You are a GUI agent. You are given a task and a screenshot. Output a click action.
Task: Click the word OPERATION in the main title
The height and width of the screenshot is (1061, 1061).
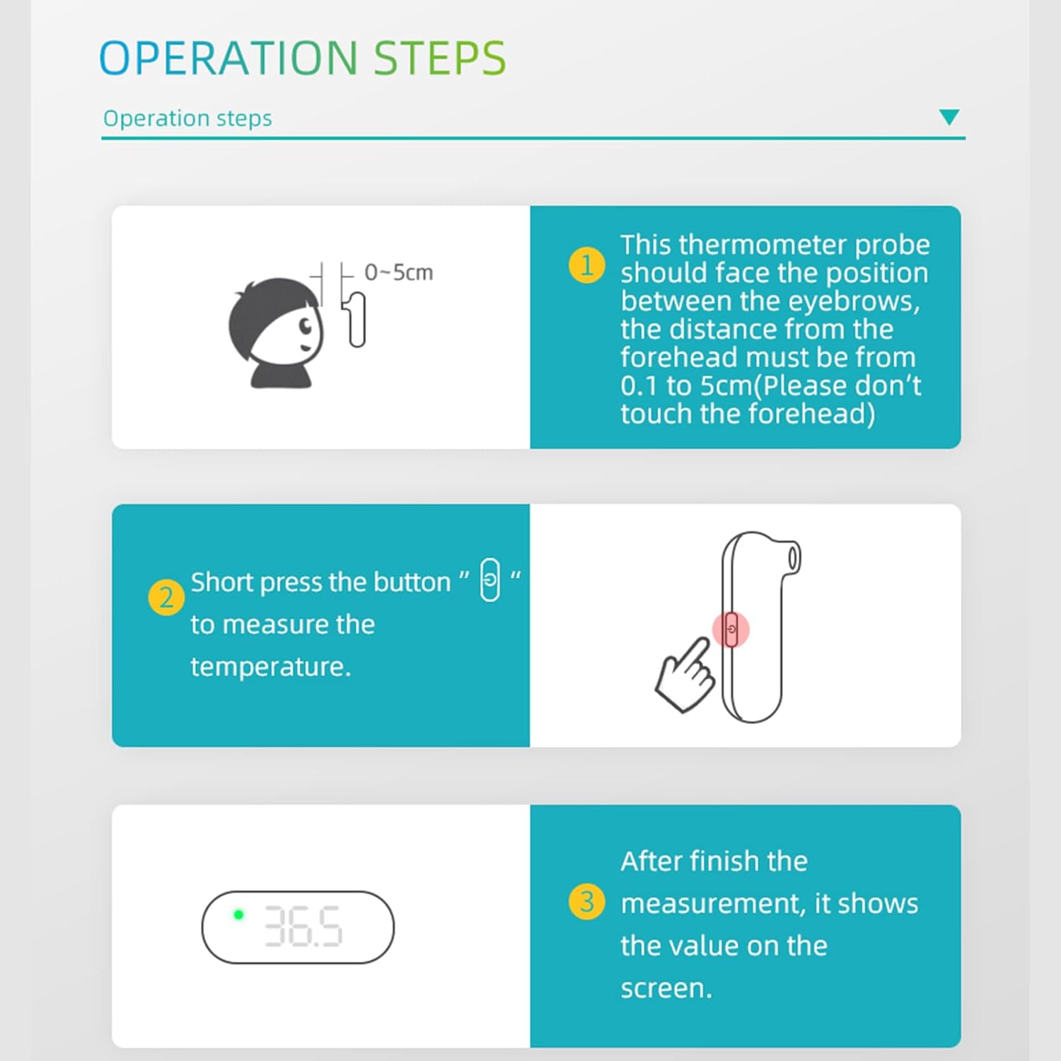(x=228, y=57)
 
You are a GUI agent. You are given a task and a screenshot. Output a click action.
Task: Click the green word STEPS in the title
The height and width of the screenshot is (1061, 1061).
(x=439, y=57)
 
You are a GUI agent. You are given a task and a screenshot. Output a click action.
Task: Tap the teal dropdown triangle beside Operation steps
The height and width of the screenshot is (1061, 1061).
(x=949, y=117)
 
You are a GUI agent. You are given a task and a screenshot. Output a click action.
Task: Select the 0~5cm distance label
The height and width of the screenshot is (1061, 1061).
(x=398, y=272)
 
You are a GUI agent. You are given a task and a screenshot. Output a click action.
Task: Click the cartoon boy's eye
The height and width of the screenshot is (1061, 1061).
(x=306, y=326)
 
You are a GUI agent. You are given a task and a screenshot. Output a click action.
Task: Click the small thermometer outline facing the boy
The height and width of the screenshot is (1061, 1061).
(x=356, y=320)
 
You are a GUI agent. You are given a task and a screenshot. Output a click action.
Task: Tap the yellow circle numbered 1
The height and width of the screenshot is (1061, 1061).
(x=586, y=265)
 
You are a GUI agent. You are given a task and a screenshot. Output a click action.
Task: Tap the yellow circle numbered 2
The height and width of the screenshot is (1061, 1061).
(x=166, y=598)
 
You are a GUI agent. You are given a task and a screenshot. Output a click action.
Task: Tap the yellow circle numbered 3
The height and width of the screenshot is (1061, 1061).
(x=586, y=902)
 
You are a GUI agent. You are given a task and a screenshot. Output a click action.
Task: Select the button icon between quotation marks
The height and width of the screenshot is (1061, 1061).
(x=489, y=579)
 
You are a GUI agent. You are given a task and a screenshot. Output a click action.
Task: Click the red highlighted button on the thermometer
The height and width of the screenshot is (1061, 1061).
(x=731, y=630)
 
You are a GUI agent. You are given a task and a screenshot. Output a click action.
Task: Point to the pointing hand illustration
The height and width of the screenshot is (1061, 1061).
(x=684, y=676)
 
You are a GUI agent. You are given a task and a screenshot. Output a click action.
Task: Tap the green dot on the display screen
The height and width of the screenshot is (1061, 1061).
(x=239, y=915)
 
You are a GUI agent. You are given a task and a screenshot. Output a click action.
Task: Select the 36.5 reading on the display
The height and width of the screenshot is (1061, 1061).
(x=303, y=927)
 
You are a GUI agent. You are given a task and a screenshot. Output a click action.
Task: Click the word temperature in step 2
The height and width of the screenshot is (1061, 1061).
(x=270, y=667)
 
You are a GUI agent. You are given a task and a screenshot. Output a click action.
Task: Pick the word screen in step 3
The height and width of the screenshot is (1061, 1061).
(x=666, y=988)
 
